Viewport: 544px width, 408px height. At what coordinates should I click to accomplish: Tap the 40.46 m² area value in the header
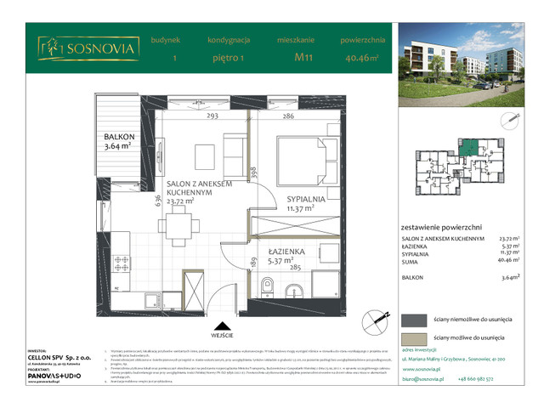click(362, 59)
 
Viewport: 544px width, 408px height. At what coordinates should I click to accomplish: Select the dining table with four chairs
click(178, 224)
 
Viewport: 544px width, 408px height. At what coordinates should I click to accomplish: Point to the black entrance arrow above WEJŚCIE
click(220, 325)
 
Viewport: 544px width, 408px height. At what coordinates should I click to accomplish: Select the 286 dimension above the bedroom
click(288, 116)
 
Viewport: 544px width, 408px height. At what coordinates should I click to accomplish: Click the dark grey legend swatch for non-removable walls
click(414, 319)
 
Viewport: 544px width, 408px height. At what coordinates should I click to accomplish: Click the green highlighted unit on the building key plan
click(467, 150)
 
